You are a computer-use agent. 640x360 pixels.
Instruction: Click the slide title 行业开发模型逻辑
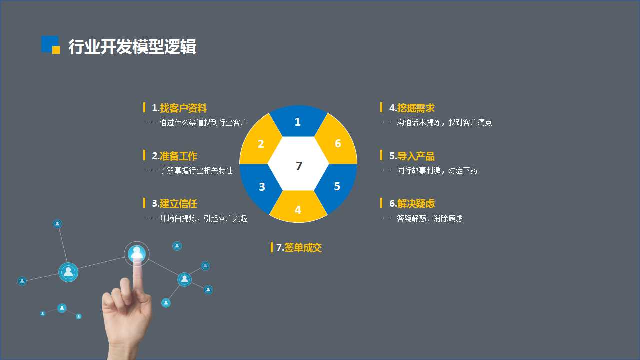coord(132,46)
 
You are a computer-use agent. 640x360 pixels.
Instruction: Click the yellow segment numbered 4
coord(298,207)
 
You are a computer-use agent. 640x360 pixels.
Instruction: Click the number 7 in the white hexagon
coord(299,166)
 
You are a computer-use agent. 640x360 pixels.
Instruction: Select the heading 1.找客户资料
coord(179,108)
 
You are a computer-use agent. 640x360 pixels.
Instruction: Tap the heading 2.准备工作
coord(174,156)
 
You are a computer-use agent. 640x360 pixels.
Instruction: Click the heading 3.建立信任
coord(174,203)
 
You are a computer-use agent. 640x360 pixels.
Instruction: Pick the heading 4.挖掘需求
coord(412,108)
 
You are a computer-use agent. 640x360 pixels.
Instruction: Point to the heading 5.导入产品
coord(412,156)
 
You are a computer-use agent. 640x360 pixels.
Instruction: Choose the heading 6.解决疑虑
coord(412,203)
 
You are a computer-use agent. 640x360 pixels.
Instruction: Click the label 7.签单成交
coord(299,247)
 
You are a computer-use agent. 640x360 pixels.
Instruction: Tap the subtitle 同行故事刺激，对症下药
coord(437,170)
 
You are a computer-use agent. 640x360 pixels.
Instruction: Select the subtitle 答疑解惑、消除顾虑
coord(429,218)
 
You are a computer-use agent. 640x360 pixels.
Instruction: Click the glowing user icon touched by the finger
coord(137,253)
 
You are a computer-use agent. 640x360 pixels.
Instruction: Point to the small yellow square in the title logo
coord(56,50)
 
